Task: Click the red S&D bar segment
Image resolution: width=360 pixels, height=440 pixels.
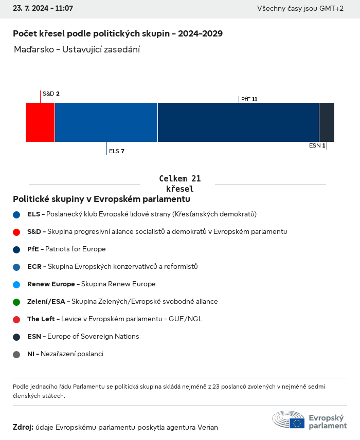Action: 40,122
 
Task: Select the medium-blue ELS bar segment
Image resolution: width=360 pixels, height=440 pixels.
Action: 106,122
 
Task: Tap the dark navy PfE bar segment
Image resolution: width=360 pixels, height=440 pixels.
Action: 238,122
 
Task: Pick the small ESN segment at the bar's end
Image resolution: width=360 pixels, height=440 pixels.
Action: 327,122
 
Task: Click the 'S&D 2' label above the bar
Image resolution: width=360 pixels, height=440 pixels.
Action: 51,94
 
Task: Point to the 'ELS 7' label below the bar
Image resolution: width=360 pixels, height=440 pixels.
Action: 117,151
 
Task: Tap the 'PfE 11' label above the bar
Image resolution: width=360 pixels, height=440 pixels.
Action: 249,99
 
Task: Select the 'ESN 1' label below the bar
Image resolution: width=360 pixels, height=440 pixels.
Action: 317,145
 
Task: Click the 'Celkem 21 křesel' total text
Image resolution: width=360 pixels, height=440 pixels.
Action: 179,184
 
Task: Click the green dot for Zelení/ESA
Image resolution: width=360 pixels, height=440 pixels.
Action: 16,302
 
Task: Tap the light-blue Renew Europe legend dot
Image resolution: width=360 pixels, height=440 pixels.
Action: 16,284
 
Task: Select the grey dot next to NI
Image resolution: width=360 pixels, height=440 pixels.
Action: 16,354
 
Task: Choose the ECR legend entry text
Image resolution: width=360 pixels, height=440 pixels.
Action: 112,267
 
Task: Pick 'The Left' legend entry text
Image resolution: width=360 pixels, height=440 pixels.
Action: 114,319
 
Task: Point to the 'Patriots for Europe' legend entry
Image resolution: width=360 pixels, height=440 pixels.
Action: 66,249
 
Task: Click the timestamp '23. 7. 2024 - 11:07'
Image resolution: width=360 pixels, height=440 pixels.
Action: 43,9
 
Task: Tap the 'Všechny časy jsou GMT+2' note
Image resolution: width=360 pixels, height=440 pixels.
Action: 300,9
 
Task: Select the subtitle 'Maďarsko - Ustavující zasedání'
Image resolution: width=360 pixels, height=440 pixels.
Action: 77,50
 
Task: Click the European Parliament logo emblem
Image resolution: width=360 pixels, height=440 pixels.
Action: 289,420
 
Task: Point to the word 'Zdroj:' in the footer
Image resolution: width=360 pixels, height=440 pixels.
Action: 23,427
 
